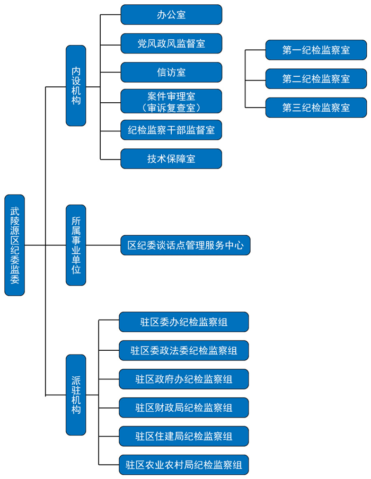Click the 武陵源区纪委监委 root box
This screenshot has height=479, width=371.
tap(14, 245)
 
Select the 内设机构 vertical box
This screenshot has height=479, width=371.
tap(76, 85)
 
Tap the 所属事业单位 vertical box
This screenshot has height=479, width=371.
tap(76, 245)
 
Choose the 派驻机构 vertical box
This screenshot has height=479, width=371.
tap(76, 395)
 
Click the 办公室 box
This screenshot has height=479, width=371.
tap(171, 15)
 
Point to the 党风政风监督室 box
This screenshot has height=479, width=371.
tap(171, 43)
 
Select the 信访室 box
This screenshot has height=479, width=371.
tap(171, 72)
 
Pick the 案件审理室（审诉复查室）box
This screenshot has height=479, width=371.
tap(171, 101)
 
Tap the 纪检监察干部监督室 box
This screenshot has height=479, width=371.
tap(171, 130)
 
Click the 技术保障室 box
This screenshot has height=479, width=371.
tap(171, 158)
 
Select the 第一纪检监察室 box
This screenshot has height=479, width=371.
tap(316, 50)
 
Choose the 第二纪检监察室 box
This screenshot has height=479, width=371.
tap(316, 79)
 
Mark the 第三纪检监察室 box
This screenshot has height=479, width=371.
tap(316, 108)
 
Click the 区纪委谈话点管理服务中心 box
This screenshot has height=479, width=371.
tap(185, 245)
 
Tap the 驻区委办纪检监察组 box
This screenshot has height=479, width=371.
tap(183, 322)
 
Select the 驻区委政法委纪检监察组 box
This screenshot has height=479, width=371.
tap(183, 350)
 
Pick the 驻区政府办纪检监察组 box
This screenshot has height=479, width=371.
tap(183, 379)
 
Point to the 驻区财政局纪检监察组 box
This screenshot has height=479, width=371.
tap(183, 407)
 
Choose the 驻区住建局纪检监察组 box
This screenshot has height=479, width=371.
tap(183, 436)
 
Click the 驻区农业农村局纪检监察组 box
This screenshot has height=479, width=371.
tap(183, 465)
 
